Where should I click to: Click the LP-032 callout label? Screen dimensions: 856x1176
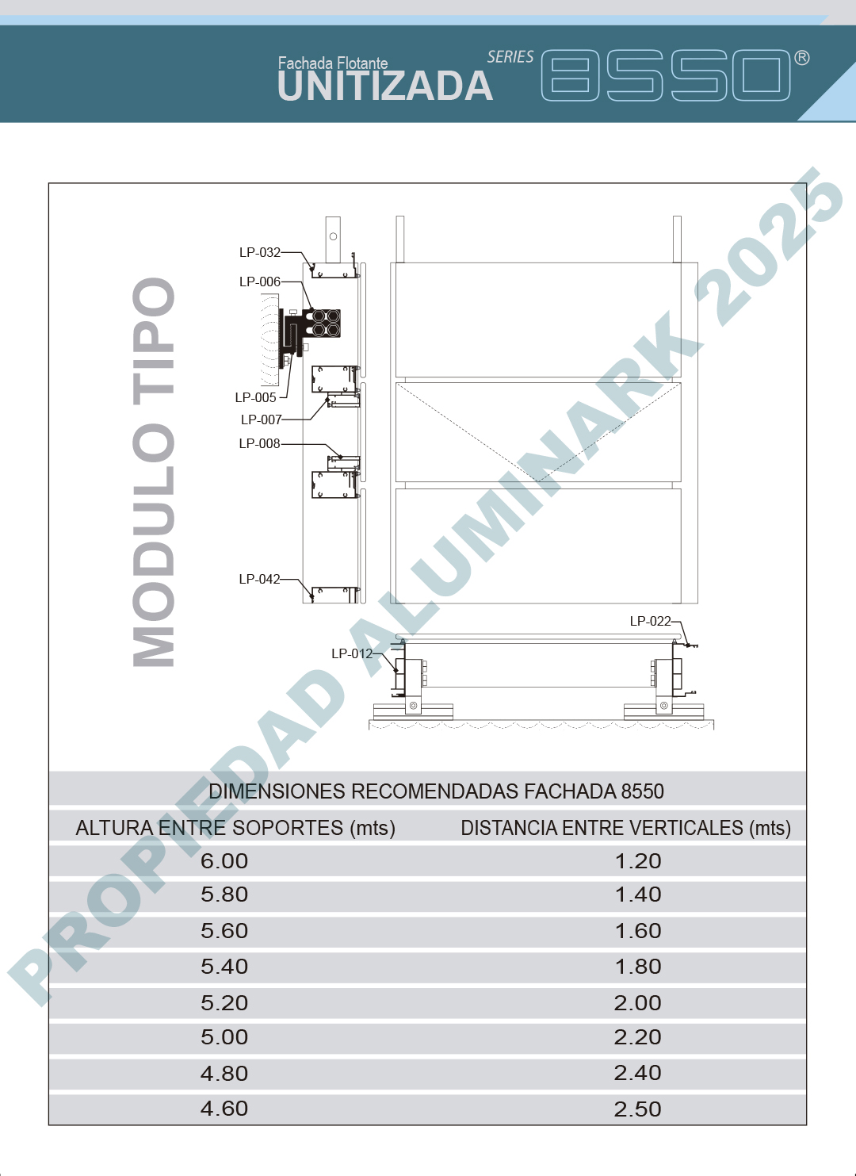tap(260, 252)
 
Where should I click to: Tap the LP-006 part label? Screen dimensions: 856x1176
tap(260, 282)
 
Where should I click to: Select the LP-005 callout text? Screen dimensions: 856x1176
tap(255, 397)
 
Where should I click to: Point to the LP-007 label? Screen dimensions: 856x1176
tap(262, 419)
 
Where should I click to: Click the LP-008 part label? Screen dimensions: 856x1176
tap(260, 443)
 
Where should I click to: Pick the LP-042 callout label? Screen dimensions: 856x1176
tap(260, 579)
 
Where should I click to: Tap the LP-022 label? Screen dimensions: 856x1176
tap(650, 621)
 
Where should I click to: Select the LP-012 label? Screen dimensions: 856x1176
tap(352, 653)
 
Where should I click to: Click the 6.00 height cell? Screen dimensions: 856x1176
tap(224, 861)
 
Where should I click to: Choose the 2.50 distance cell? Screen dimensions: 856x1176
tap(638, 1109)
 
